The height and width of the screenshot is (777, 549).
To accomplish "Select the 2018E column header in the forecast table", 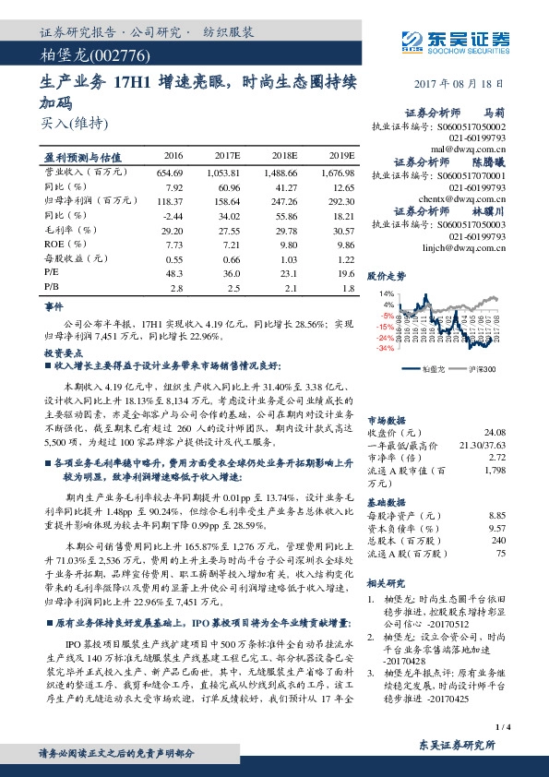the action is click(x=282, y=155).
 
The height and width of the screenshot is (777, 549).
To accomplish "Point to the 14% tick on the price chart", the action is click(x=387, y=293).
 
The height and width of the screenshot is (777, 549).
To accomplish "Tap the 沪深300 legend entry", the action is click(x=482, y=368).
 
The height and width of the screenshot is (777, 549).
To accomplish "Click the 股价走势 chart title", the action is click(x=387, y=276).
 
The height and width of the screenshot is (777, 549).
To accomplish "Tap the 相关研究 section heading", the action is click(x=387, y=584).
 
